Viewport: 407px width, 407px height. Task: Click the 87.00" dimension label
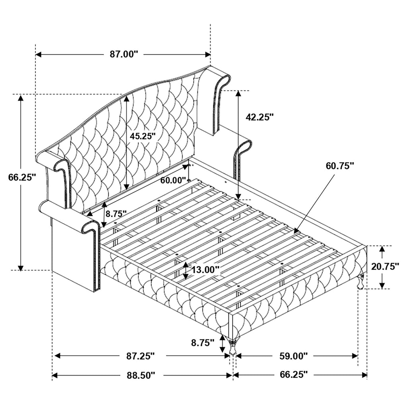[124, 54]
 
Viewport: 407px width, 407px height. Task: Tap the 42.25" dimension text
[260, 117]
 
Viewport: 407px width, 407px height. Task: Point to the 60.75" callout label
[340, 166]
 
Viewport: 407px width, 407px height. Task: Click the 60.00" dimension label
[173, 180]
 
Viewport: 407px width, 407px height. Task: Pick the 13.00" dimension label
[205, 270]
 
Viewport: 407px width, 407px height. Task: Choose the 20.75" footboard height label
[385, 267]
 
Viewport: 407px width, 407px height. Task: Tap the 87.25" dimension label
[140, 356]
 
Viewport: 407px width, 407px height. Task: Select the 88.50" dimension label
[141, 375]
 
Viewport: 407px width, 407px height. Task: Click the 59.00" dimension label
[293, 356]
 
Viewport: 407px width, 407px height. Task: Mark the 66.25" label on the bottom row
[294, 374]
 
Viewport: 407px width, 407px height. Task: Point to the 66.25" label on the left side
[21, 178]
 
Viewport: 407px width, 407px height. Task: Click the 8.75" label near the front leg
[203, 343]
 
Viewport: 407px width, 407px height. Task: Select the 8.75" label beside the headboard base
[116, 213]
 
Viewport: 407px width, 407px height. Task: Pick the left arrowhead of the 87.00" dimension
[39, 54]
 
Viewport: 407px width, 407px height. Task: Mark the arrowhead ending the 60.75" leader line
[296, 230]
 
